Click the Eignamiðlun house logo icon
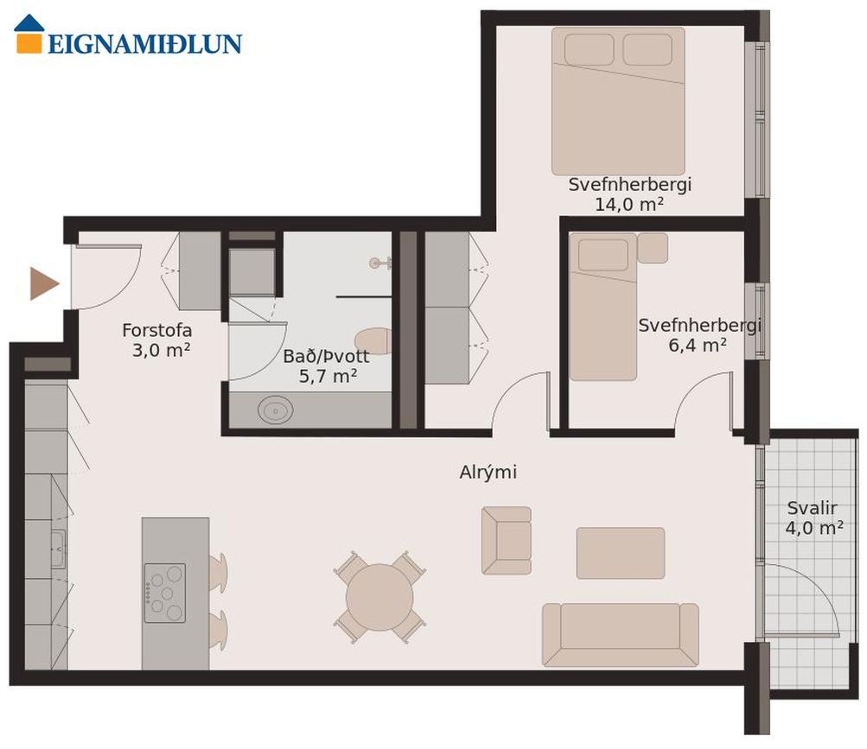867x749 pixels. click(x=29, y=35)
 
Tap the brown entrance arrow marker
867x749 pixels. click(x=44, y=283)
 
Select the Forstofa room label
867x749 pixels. click(x=157, y=331)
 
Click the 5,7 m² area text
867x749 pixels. click(x=328, y=377)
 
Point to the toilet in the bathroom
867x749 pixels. click(x=373, y=341)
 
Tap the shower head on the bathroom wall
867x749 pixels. click(x=379, y=263)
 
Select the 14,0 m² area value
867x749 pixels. click(x=629, y=205)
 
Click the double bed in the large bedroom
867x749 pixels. click(x=618, y=101)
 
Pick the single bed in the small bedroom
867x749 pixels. click(x=603, y=307)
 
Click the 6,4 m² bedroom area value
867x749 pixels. click(x=698, y=346)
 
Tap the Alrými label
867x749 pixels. click(x=488, y=473)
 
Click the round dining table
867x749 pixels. click(x=379, y=597)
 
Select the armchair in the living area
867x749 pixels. click(x=507, y=541)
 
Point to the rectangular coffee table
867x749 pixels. click(x=621, y=553)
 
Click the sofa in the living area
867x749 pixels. click(x=621, y=635)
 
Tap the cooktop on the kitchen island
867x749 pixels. click(x=165, y=593)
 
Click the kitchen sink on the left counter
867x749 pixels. click(x=58, y=549)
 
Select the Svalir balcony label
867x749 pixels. click(x=812, y=508)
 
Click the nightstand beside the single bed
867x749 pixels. click(x=653, y=248)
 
